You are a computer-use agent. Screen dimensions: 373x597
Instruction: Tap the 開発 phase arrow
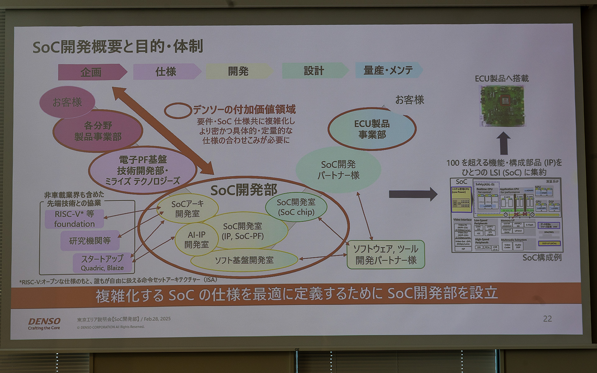pos(238,71)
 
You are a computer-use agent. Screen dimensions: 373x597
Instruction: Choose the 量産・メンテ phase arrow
pos(388,70)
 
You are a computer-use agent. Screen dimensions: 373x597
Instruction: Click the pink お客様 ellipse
pos(67,102)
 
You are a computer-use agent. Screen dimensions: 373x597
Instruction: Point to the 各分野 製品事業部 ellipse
pos(98,131)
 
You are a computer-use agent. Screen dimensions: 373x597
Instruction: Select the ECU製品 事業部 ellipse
pos(372,129)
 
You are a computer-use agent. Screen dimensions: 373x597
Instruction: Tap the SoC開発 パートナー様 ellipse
pos(338,170)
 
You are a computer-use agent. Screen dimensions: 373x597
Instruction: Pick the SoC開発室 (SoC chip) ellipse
pos(296,207)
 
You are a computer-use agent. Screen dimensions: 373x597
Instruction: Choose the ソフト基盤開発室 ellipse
pos(244,260)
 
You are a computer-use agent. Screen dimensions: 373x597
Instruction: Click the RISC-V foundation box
pos(74,219)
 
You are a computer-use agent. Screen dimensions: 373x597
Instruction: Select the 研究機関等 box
pos(90,240)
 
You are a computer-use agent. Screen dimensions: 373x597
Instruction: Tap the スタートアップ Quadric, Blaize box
pos(102,263)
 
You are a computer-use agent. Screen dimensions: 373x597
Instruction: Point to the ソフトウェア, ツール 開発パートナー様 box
pos(386,255)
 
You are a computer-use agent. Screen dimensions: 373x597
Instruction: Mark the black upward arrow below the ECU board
pos(503,143)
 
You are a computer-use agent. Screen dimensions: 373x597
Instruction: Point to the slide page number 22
pos(547,319)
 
